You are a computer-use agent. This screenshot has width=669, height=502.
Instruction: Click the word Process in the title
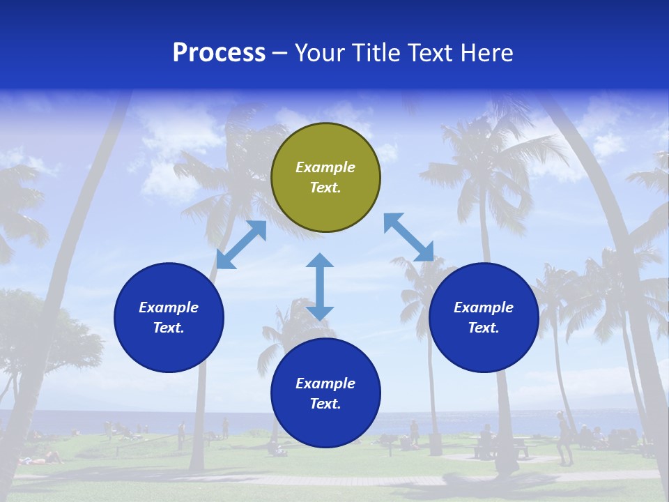pos(219,53)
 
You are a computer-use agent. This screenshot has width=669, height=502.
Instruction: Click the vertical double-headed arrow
pos(320,287)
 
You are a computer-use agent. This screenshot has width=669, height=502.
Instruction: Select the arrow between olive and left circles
pos(241,245)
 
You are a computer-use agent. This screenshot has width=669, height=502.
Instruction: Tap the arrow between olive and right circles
pos(408,237)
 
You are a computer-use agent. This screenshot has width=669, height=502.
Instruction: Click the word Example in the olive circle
pos(325,167)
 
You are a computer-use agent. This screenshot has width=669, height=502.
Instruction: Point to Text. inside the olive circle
pos(325,188)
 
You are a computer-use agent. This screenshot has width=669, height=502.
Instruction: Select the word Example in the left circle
pos(169,307)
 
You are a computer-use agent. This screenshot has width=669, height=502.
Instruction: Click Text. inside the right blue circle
pos(484,328)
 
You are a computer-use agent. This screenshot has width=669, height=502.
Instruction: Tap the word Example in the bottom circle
pos(325,383)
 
